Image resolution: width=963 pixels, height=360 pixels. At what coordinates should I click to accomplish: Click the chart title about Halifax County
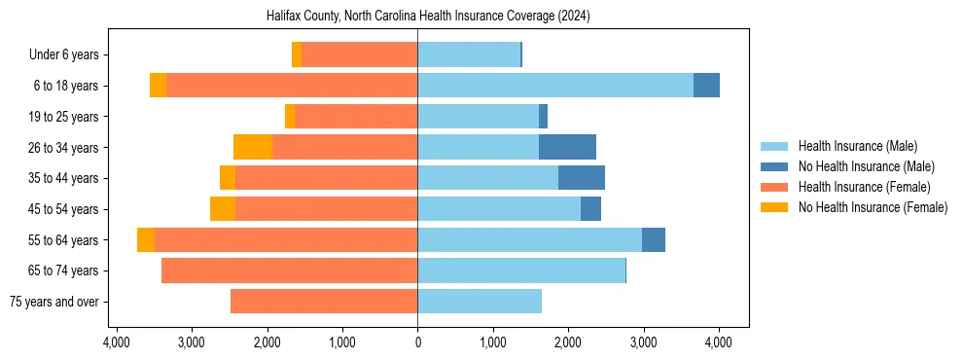(x=428, y=17)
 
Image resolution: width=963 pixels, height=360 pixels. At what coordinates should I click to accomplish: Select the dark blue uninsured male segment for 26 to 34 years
(x=567, y=147)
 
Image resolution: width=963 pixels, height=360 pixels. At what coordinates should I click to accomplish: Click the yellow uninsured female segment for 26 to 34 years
(x=253, y=147)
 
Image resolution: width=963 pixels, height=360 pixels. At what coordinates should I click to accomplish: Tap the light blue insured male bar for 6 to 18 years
(x=555, y=86)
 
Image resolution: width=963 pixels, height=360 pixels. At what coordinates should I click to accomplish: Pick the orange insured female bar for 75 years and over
(x=324, y=302)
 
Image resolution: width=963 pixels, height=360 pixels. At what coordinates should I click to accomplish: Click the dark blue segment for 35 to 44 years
(x=582, y=178)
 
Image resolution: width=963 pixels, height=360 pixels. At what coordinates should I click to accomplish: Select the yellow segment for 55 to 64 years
(x=146, y=239)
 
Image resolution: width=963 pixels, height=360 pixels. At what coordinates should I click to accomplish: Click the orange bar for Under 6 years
(x=360, y=54)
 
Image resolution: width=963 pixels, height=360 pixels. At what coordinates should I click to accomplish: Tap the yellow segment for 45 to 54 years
(x=223, y=209)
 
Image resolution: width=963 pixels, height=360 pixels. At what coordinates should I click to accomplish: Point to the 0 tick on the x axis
(x=418, y=342)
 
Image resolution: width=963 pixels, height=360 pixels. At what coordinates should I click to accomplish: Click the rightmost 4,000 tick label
(x=719, y=342)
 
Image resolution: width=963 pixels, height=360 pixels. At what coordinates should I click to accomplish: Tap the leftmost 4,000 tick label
(x=117, y=342)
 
